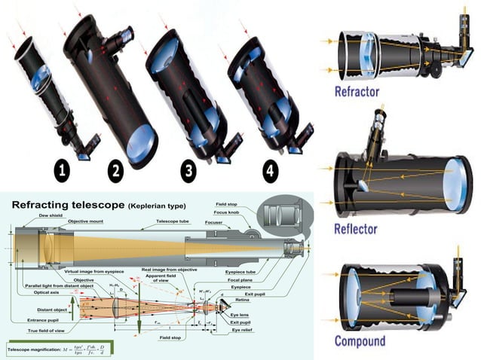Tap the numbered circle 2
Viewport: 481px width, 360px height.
click(115, 171)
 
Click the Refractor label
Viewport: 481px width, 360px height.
click(367, 93)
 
